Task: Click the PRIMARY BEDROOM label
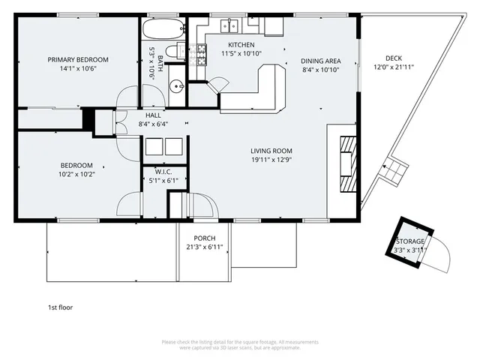pos(78,60)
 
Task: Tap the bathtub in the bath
pos(163,31)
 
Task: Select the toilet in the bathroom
pos(172,51)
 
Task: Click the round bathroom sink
pos(176,85)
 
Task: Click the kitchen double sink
pos(229,26)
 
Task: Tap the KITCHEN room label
pos(241,44)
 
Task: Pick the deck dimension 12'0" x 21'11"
pos(394,67)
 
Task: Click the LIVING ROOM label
pos(271,150)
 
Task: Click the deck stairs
pos(393,172)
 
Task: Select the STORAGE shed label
pos(410,241)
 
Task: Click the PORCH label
pos(205,238)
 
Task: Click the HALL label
pos(153,115)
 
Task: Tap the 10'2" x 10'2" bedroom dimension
pos(76,174)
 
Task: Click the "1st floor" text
pos(60,307)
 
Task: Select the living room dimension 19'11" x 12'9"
pos(271,159)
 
